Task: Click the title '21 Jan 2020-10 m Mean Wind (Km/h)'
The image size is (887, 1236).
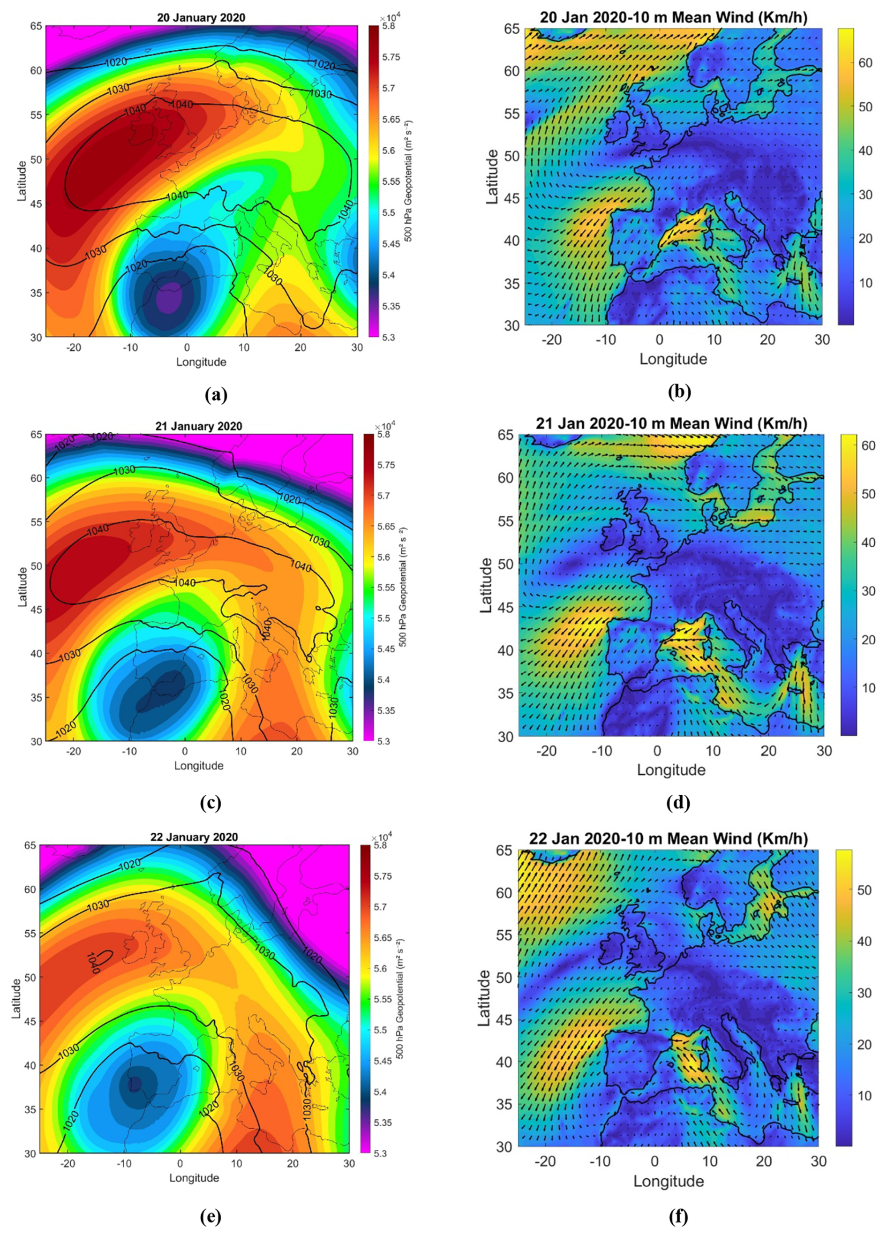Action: pos(671,423)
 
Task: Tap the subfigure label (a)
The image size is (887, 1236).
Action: pos(216,393)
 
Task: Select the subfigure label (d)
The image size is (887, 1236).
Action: pos(678,803)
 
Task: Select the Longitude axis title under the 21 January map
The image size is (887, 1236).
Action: pos(199,766)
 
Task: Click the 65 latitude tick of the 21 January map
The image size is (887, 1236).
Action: pos(36,434)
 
